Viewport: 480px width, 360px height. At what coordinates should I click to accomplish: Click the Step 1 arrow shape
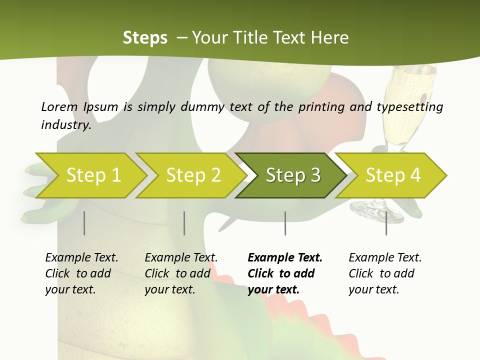click(x=90, y=175)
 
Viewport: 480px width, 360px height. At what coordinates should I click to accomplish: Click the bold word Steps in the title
click(x=145, y=37)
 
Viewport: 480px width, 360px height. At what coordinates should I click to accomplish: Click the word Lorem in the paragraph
click(x=59, y=106)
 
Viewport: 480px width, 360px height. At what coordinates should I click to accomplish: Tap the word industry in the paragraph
click(x=65, y=125)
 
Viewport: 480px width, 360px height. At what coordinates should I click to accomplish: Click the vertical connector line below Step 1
click(x=84, y=223)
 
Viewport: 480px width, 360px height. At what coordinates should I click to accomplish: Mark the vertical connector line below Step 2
click(x=184, y=223)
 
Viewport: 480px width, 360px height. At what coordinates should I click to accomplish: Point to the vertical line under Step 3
click(x=285, y=223)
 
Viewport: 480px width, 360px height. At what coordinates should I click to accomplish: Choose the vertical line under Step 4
click(x=386, y=223)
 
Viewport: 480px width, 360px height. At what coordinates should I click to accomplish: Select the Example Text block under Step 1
click(x=81, y=273)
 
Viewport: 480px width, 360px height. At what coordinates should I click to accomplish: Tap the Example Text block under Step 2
click(x=181, y=273)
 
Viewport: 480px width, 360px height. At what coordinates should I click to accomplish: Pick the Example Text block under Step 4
click(x=385, y=273)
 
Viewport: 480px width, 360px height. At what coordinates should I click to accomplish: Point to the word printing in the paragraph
click(x=320, y=106)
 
